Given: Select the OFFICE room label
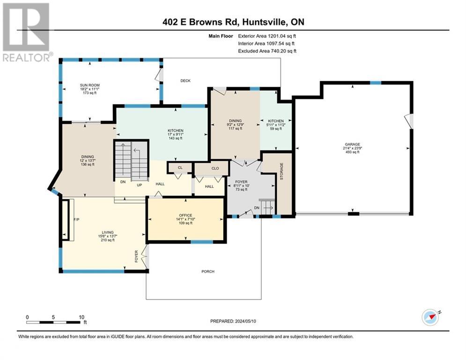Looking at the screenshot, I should (185, 215).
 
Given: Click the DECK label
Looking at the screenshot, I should (185, 81).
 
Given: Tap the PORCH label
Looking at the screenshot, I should (208, 271).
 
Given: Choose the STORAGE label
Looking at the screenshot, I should (281, 174).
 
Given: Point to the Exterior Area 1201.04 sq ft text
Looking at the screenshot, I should (267, 36).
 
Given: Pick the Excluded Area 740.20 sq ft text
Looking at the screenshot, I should (267, 51).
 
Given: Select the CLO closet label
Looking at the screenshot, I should (215, 168).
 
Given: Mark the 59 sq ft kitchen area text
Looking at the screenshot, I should (276, 129).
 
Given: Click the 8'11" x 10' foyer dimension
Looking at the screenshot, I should (242, 186).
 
